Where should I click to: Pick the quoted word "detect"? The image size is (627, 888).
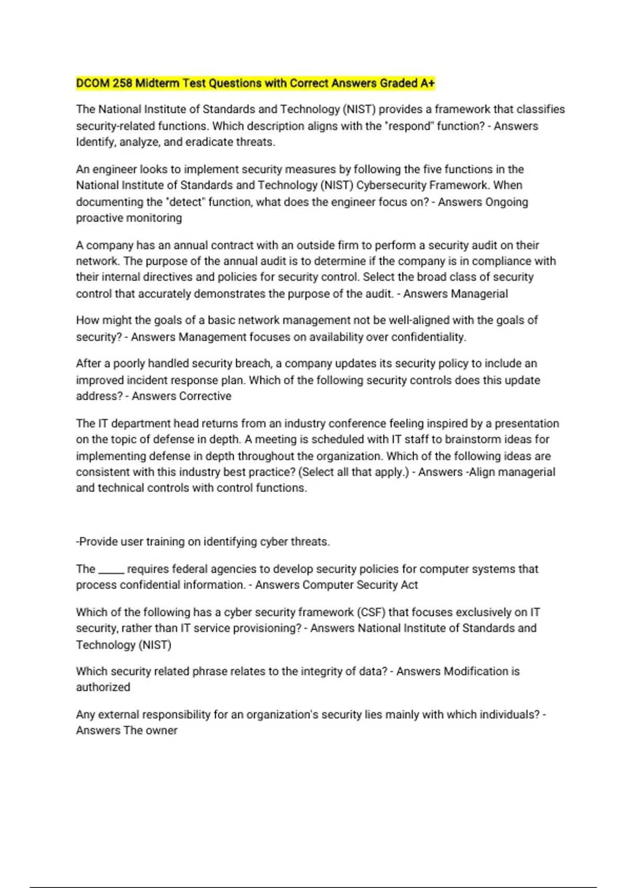186,202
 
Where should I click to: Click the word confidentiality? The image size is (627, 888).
428,337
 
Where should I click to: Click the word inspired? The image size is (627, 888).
447,423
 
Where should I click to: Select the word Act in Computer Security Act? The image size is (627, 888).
409,585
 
